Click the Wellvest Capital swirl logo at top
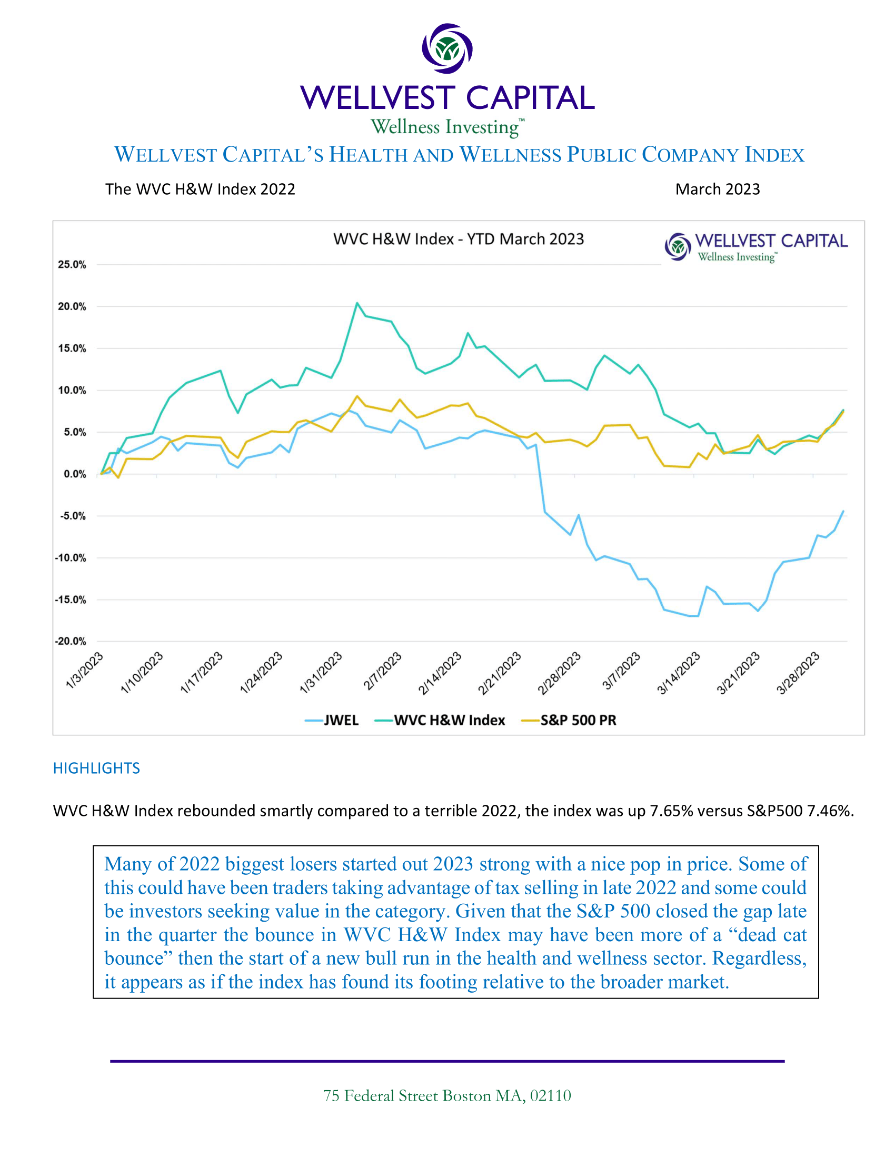pyautogui.click(x=447, y=48)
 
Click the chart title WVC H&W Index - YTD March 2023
pyautogui.click(x=458, y=239)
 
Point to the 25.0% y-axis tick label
pyautogui.click(x=72, y=265)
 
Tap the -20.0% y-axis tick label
pyautogui.click(x=71, y=641)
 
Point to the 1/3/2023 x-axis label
pyautogui.click(x=85, y=671)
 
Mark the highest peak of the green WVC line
pyautogui.click(x=357, y=303)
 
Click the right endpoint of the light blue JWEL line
pyautogui.click(x=843, y=511)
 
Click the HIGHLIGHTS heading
pyautogui.click(x=96, y=768)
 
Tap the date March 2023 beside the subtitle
pyautogui.click(x=718, y=189)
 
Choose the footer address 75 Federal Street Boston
pyautogui.click(x=447, y=1096)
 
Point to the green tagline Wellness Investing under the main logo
pyautogui.click(x=445, y=127)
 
